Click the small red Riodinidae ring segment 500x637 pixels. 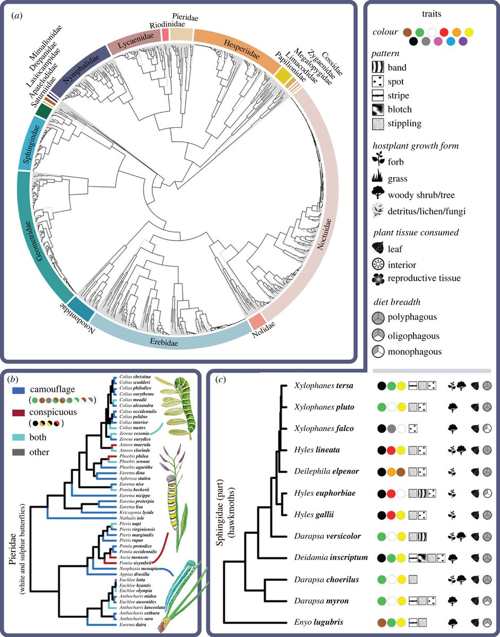(x=165, y=35)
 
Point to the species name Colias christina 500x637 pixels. (x=135, y=376)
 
